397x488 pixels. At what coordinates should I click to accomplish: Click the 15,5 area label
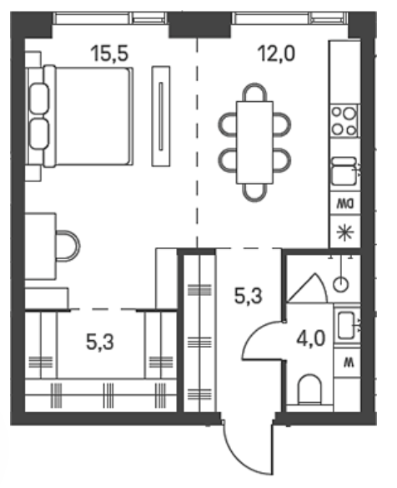click(109, 53)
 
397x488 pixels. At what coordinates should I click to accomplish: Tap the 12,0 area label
click(276, 53)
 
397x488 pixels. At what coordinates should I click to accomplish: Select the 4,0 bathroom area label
click(311, 338)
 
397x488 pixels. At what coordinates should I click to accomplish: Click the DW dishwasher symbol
click(345, 204)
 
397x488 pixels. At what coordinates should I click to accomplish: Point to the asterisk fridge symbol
click(345, 233)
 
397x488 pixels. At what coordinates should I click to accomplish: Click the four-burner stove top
click(344, 121)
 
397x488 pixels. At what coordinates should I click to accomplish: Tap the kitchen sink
click(344, 171)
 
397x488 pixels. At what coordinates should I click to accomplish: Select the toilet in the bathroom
click(309, 389)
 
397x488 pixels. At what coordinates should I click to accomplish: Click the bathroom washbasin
click(346, 325)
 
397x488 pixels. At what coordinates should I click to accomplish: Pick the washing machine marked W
click(347, 363)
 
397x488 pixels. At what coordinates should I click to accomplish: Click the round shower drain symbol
click(341, 284)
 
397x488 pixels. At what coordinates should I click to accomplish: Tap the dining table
click(254, 142)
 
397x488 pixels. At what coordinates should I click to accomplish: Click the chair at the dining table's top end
click(254, 92)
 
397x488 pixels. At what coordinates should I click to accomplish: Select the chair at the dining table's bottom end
click(254, 193)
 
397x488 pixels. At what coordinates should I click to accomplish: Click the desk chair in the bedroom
click(68, 246)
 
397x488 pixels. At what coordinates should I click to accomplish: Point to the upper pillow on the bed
click(39, 99)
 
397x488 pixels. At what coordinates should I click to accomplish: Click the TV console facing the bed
click(161, 116)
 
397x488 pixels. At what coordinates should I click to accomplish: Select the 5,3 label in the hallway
click(249, 296)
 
